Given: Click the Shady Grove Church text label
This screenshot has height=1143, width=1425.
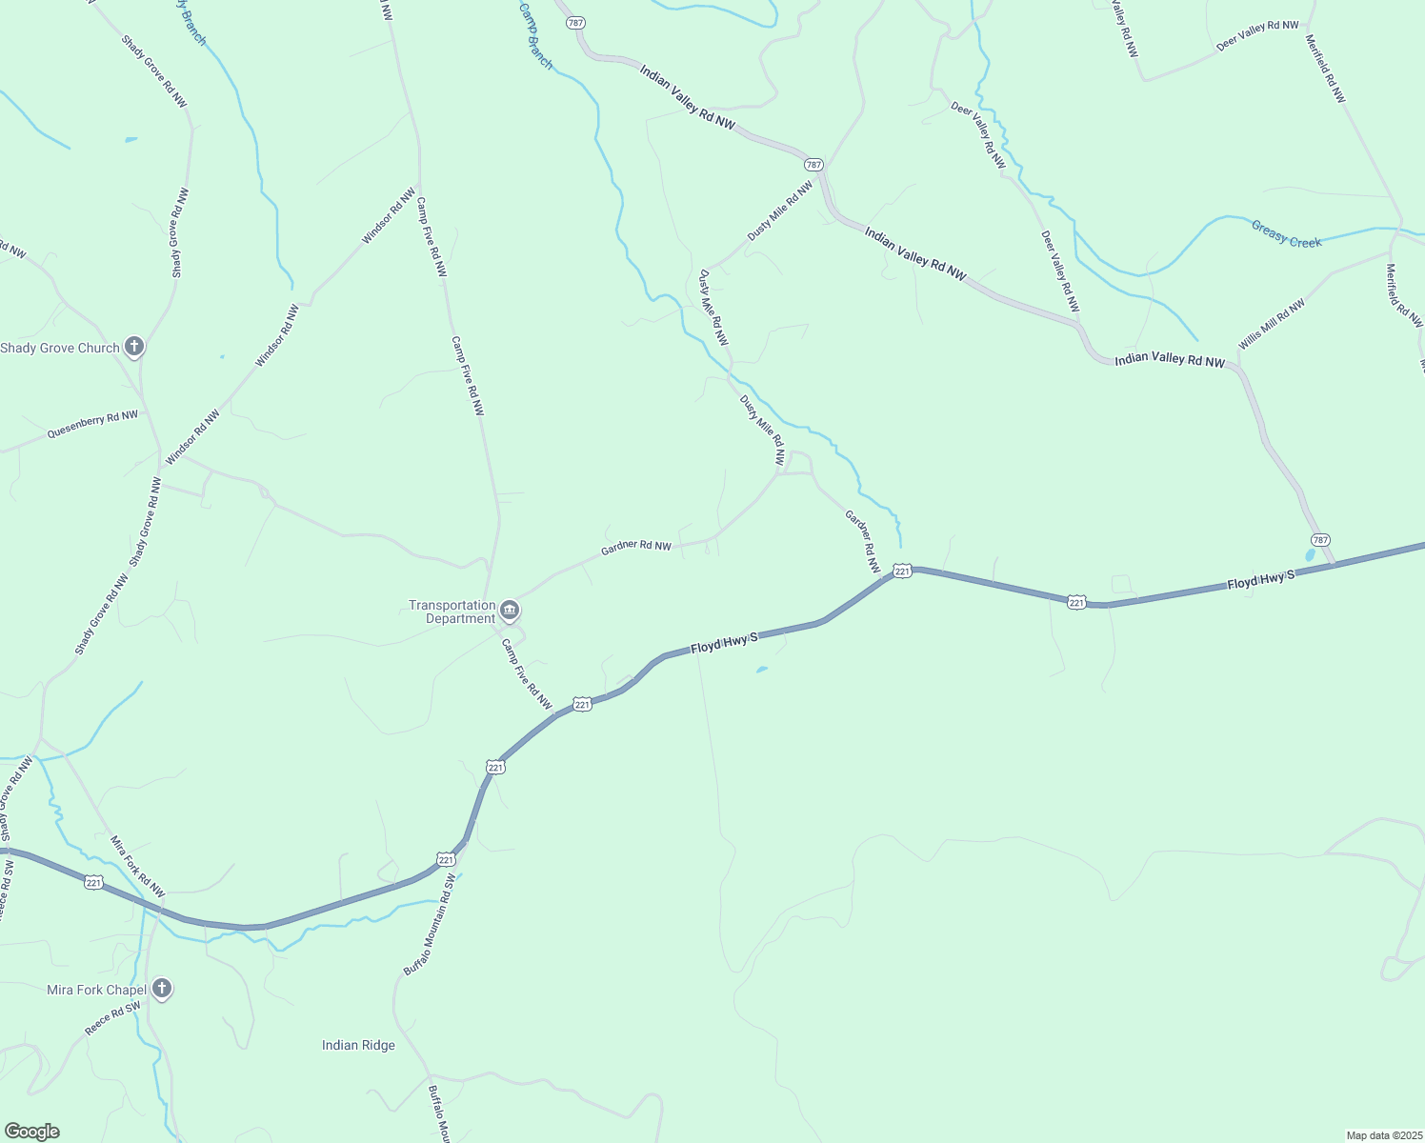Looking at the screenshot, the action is pyautogui.click(x=59, y=349).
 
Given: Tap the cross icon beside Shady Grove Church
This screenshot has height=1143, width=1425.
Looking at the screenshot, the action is pyautogui.click(x=134, y=347).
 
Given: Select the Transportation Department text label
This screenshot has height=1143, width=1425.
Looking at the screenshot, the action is pyautogui.click(x=452, y=612).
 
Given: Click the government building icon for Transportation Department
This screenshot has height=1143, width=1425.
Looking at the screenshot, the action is pyautogui.click(x=510, y=610).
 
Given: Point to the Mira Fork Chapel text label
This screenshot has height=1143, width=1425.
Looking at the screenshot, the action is pyautogui.click(x=96, y=991).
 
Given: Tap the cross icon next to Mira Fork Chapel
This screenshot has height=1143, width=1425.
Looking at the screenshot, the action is pyautogui.click(x=162, y=990).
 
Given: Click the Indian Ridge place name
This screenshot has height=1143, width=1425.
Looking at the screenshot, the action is pyautogui.click(x=358, y=1046).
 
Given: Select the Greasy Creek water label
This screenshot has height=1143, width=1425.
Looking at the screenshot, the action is pyautogui.click(x=1286, y=234).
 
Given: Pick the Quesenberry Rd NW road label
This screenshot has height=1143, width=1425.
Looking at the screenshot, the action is pyautogui.click(x=92, y=425).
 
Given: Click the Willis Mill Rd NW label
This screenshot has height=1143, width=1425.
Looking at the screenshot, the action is pyautogui.click(x=1272, y=324).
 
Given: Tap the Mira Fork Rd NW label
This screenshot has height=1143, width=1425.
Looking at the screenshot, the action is pyautogui.click(x=137, y=866).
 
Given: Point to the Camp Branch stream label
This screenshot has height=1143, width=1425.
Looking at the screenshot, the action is pyautogui.click(x=535, y=35).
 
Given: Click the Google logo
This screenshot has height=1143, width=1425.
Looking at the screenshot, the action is pyautogui.click(x=31, y=1132).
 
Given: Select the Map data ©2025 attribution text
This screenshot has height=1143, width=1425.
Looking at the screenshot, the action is pyautogui.click(x=1383, y=1135).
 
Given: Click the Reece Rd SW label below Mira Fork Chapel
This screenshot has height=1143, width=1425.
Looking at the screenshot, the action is pyautogui.click(x=112, y=1018).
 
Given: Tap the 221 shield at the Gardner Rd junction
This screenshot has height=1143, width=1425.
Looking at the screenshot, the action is pyautogui.click(x=903, y=571).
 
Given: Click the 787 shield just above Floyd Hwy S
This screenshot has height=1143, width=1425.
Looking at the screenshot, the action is pyautogui.click(x=1319, y=540).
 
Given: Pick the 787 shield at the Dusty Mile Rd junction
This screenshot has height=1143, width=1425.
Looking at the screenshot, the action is pyautogui.click(x=813, y=165).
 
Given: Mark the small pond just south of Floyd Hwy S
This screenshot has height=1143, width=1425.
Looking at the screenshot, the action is pyautogui.click(x=761, y=670).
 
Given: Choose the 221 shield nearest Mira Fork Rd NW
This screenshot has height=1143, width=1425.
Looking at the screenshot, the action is pyautogui.click(x=93, y=882).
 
